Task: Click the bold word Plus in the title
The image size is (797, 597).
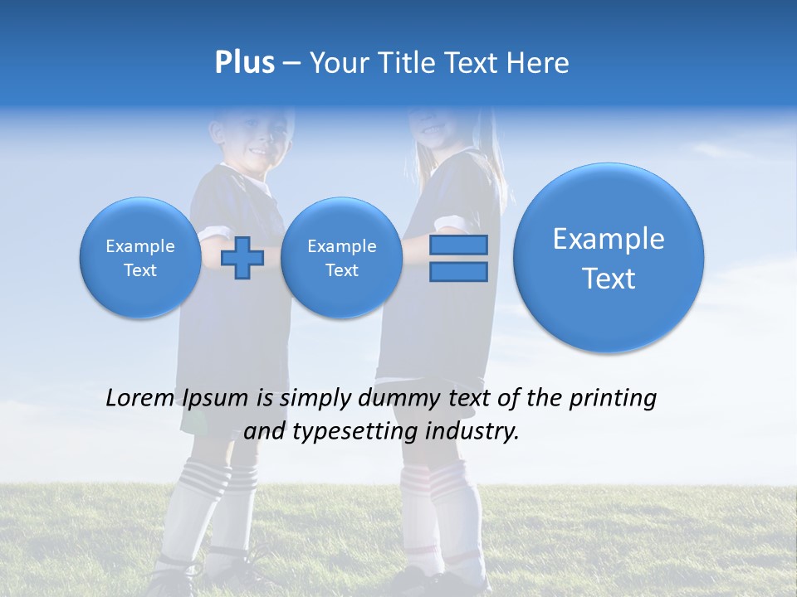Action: [244, 63]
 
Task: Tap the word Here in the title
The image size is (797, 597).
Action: [539, 63]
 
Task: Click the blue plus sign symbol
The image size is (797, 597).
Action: [242, 258]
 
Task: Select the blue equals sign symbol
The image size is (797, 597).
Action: [458, 258]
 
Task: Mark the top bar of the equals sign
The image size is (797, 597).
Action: [458, 245]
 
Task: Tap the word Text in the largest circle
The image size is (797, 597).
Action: [609, 279]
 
